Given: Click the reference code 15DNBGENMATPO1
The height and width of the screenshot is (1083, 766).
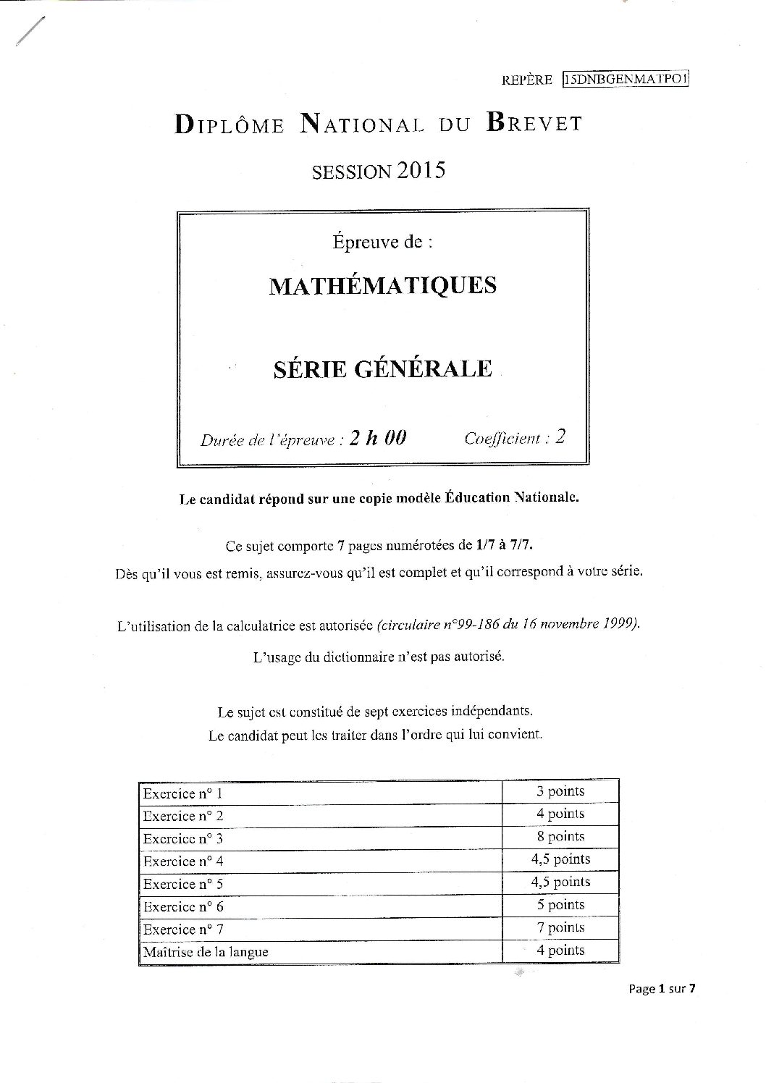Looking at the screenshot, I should tap(625, 80).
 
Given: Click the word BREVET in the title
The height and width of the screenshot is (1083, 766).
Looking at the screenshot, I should tap(534, 124).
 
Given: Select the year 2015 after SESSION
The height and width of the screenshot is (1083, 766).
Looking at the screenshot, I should tap(420, 171).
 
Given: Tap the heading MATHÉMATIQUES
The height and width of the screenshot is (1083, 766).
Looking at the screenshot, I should tap(383, 285).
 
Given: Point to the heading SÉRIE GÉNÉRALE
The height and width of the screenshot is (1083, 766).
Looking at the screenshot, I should tap(383, 368).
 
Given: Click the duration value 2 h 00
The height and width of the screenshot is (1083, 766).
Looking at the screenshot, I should tap(377, 438).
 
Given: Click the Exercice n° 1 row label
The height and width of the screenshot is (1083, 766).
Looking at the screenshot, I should tap(182, 793).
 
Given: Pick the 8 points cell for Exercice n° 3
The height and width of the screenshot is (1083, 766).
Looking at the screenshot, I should tap(560, 837).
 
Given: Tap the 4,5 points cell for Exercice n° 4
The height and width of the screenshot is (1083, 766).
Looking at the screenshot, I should tap(560, 859).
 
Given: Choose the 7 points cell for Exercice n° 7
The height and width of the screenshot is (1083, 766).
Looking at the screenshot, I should tap(560, 927).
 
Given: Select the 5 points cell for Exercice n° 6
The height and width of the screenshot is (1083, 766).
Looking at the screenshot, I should tap(560, 905).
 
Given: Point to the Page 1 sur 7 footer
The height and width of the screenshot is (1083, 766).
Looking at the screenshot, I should tap(662, 989).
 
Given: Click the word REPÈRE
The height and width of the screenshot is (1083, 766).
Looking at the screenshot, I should tap(526, 80).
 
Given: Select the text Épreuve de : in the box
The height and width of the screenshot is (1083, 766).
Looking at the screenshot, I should tap(382, 242).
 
